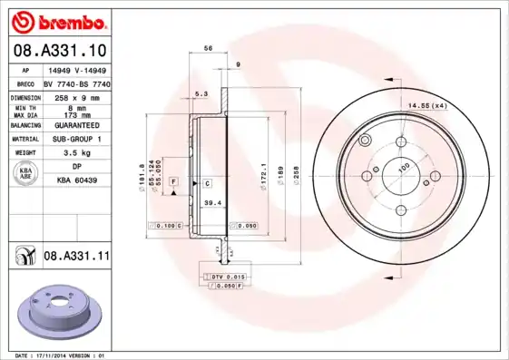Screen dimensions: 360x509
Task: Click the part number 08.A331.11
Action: (x=75, y=258)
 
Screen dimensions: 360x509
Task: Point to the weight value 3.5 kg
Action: (x=76, y=154)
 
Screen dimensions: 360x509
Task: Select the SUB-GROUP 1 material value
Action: (x=76, y=140)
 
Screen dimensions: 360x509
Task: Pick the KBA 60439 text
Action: (x=76, y=181)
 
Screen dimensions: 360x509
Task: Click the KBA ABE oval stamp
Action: (x=26, y=174)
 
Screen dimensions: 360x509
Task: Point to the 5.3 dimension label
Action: (x=201, y=94)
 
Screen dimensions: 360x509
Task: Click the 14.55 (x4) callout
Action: (x=429, y=107)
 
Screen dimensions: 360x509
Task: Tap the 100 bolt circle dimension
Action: (x=404, y=166)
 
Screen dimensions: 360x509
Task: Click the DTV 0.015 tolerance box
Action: (x=227, y=275)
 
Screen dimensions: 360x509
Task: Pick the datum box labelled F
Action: (x=172, y=183)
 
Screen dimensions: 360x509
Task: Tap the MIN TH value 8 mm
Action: (x=76, y=107)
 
